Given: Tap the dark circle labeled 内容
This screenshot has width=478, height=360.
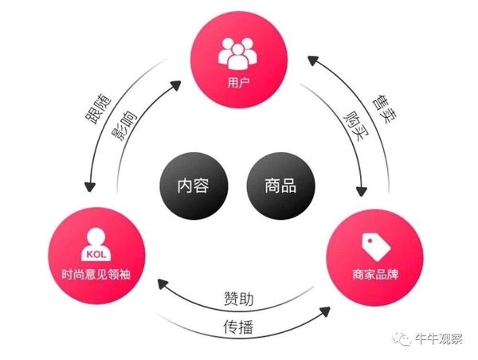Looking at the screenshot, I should tap(192, 186).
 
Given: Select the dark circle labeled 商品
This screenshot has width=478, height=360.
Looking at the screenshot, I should tap(280, 186).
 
